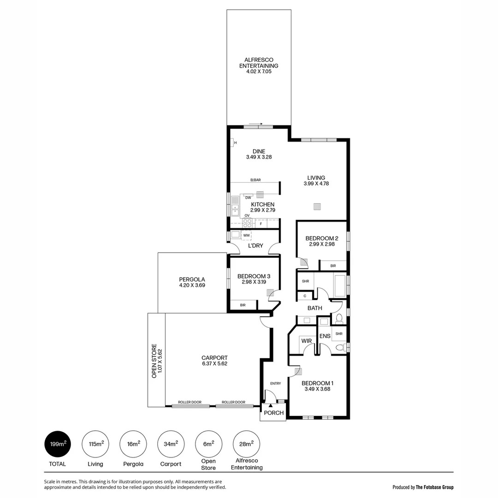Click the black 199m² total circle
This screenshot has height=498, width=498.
pyautogui.click(x=58, y=444)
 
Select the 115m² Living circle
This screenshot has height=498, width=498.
pyautogui.click(x=96, y=444)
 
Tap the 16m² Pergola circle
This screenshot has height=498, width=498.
pyautogui.click(x=133, y=444)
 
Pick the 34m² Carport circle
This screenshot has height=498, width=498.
pyautogui.click(x=171, y=444)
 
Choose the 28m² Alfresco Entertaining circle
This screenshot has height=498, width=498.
pyautogui.click(x=246, y=444)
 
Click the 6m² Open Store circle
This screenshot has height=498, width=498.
pyautogui.click(x=208, y=444)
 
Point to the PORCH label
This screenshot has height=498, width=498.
pyautogui.click(x=274, y=413)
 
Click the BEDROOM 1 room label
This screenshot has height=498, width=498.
pyautogui.click(x=317, y=383)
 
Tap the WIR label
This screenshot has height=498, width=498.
pyautogui.click(x=307, y=341)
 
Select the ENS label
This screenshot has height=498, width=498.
pyautogui.click(x=325, y=336)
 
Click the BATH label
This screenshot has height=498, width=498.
pyautogui.click(x=315, y=308)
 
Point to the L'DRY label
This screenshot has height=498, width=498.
pyautogui.click(x=255, y=246)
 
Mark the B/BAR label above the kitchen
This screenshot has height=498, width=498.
pyautogui.click(x=255, y=180)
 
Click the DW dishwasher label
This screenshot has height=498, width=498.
pyautogui.click(x=248, y=197)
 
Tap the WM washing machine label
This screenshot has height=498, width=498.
pyautogui.click(x=246, y=235)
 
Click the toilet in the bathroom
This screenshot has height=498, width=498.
pyautogui.click(x=339, y=318)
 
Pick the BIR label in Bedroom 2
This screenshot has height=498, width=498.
pyautogui.click(x=333, y=266)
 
